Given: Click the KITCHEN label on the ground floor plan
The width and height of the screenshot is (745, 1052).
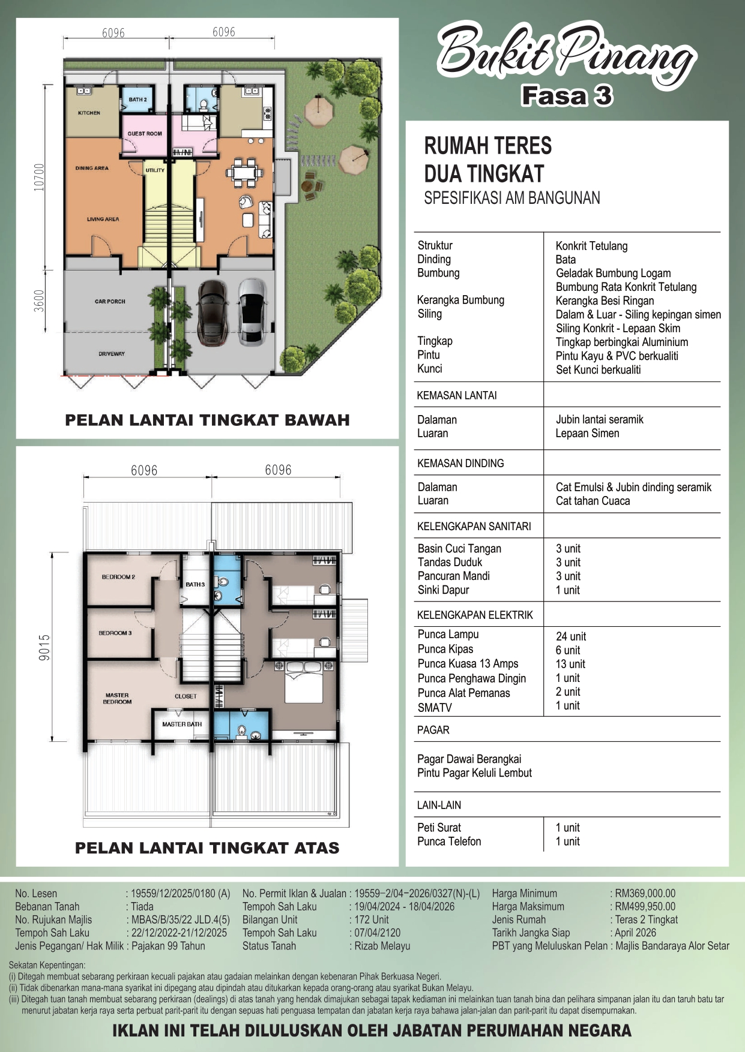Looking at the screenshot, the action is point(89,113).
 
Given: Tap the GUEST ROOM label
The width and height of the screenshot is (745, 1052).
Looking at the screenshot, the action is point(145,134).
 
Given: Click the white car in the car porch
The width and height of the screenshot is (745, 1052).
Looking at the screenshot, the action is point(252,311).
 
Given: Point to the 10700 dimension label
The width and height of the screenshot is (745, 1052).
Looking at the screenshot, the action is point(40,178).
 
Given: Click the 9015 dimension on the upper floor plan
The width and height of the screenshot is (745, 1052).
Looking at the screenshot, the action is point(44,648).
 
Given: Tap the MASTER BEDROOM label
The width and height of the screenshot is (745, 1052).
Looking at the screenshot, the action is point(117,698).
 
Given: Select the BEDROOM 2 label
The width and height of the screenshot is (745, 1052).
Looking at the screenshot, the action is point(118,577).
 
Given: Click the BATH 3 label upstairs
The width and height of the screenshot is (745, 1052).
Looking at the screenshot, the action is point(195,584).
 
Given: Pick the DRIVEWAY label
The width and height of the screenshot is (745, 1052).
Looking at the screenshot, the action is point(112,354).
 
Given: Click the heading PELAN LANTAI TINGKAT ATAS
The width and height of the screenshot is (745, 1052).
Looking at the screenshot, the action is point(207,847).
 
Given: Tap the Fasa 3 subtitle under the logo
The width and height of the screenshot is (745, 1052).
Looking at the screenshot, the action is point(567,96).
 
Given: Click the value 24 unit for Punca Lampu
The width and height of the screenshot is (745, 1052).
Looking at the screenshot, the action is point(571,636).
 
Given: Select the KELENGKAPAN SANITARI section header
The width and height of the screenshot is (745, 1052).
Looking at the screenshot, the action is point(474,527).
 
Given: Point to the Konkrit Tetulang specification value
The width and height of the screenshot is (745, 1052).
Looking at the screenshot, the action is point(591,246).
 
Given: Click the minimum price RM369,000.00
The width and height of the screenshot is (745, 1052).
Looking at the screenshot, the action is point(645,894).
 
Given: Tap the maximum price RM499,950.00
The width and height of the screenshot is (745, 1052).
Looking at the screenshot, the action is point(645,907).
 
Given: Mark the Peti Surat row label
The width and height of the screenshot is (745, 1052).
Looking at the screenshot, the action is point(439,828).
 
